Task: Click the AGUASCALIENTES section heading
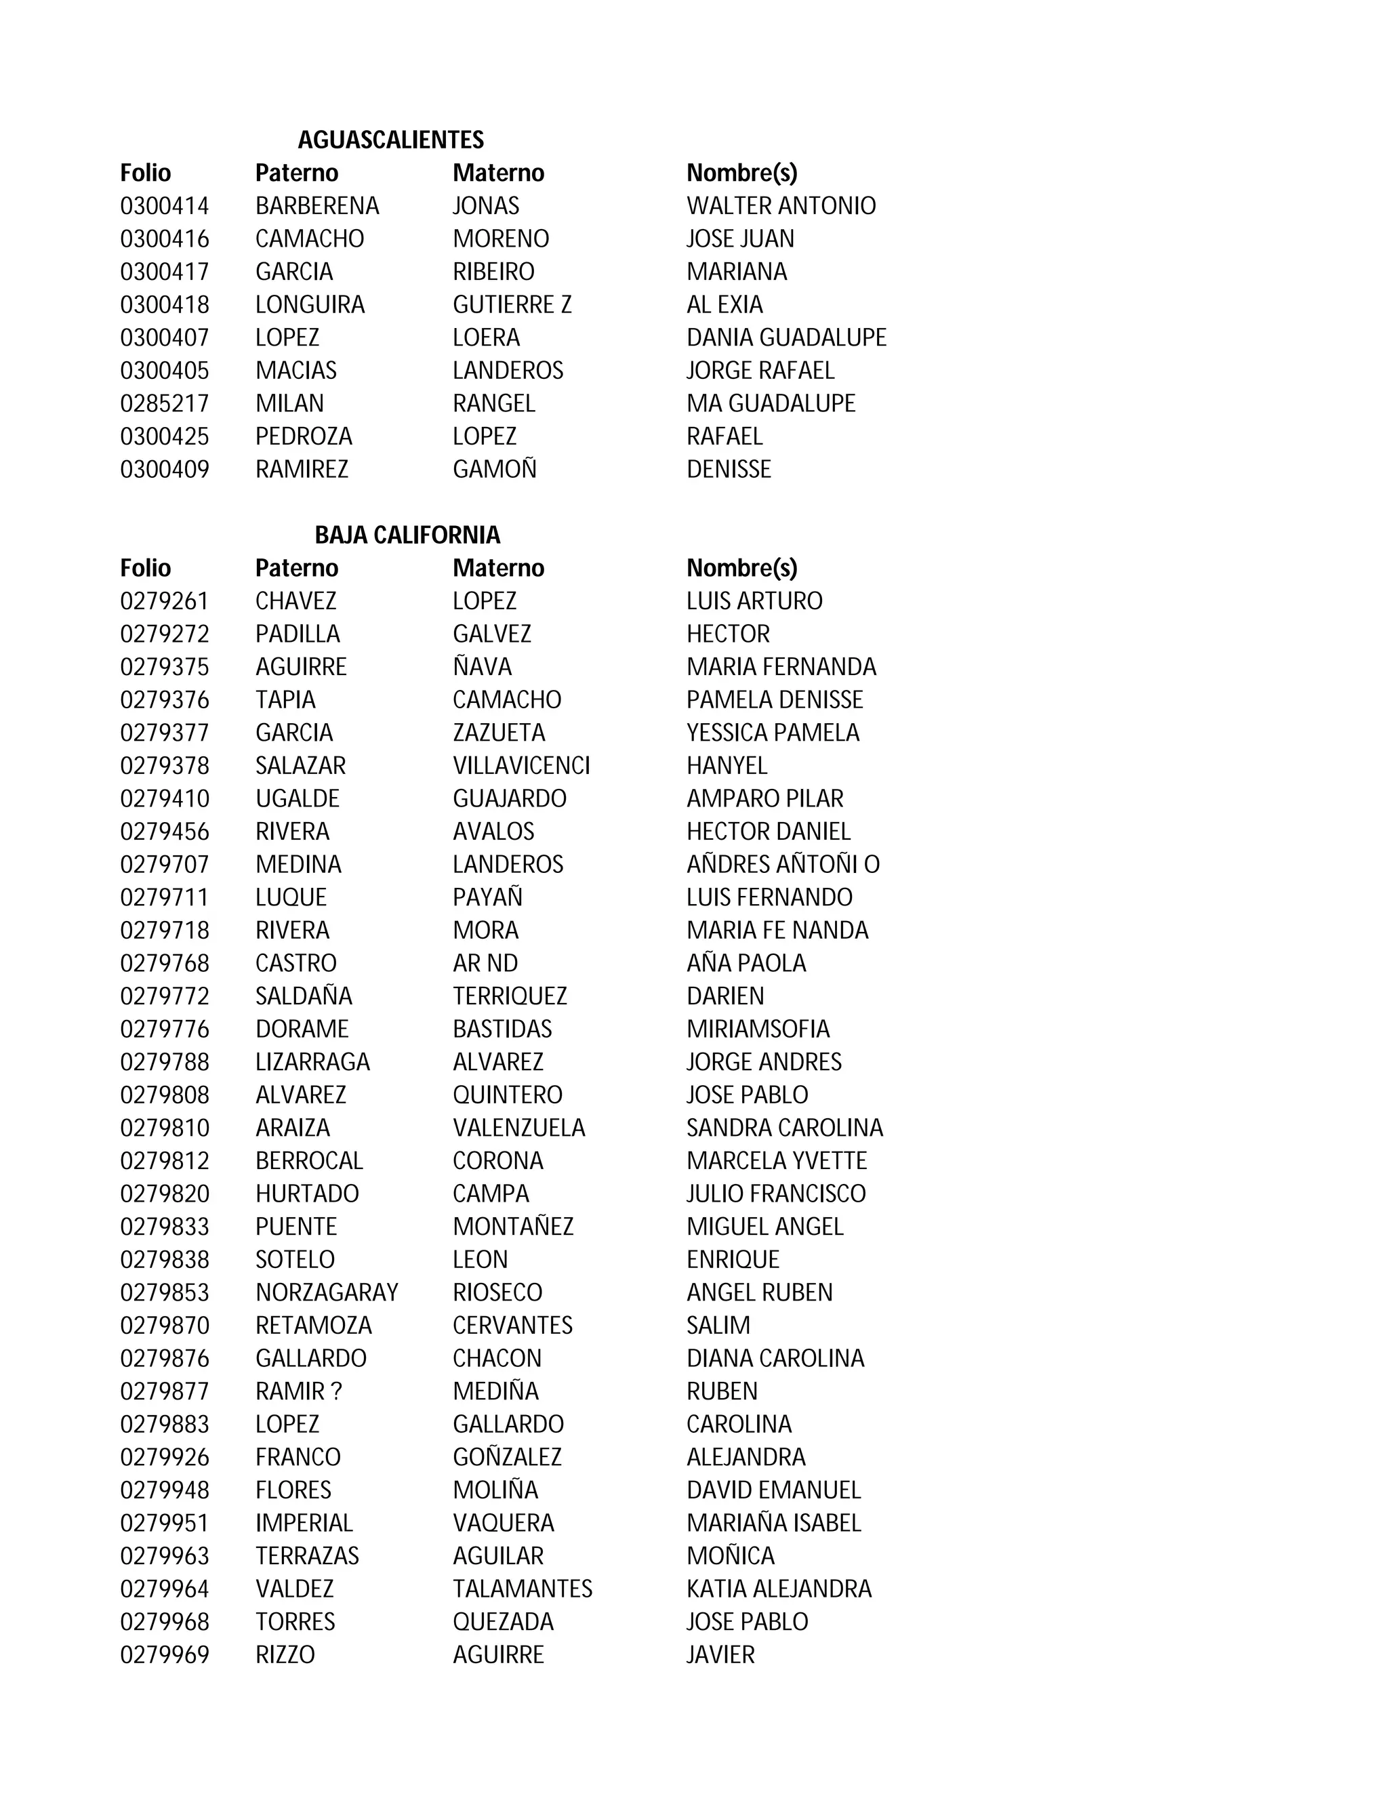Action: (390, 140)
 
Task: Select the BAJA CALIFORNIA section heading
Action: (407, 535)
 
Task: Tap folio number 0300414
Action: (165, 205)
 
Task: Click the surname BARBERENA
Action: (317, 205)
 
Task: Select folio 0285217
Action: (165, 403)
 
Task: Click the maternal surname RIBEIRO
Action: (493, 271)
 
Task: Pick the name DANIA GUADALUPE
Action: (786, 337)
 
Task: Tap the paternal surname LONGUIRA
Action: (309, 304)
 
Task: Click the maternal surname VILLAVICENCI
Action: (521, 766)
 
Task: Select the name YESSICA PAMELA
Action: (772, 733)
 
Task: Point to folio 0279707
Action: (165, 864)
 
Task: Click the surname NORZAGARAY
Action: (327, 1292)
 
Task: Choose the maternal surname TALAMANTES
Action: (522, 1588)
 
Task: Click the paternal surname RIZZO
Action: (285, 1654)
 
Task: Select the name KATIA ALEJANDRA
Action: (779, 1588)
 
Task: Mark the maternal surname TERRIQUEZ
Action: (510, 996)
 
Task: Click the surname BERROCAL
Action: (308, 1160)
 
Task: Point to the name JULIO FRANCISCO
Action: (775, 1193)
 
